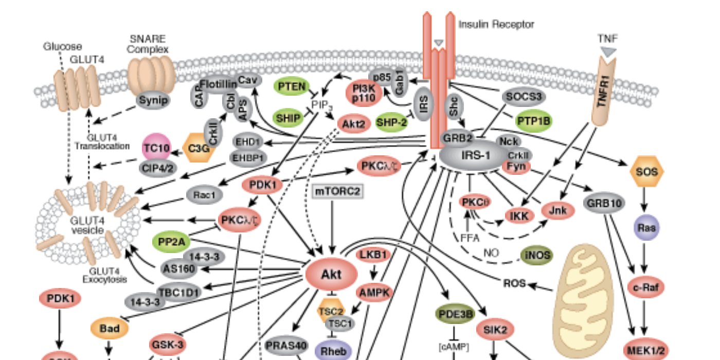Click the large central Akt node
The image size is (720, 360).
331,275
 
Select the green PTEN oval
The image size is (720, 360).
292,86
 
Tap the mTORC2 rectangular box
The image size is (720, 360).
338,192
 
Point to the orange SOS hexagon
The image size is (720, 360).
646,172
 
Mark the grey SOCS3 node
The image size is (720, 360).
523,96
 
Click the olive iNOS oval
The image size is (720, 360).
536,255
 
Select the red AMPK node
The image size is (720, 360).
374,292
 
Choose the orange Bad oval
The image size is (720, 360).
109,328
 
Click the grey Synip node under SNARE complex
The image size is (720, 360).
153,100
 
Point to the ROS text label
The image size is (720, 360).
515,281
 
